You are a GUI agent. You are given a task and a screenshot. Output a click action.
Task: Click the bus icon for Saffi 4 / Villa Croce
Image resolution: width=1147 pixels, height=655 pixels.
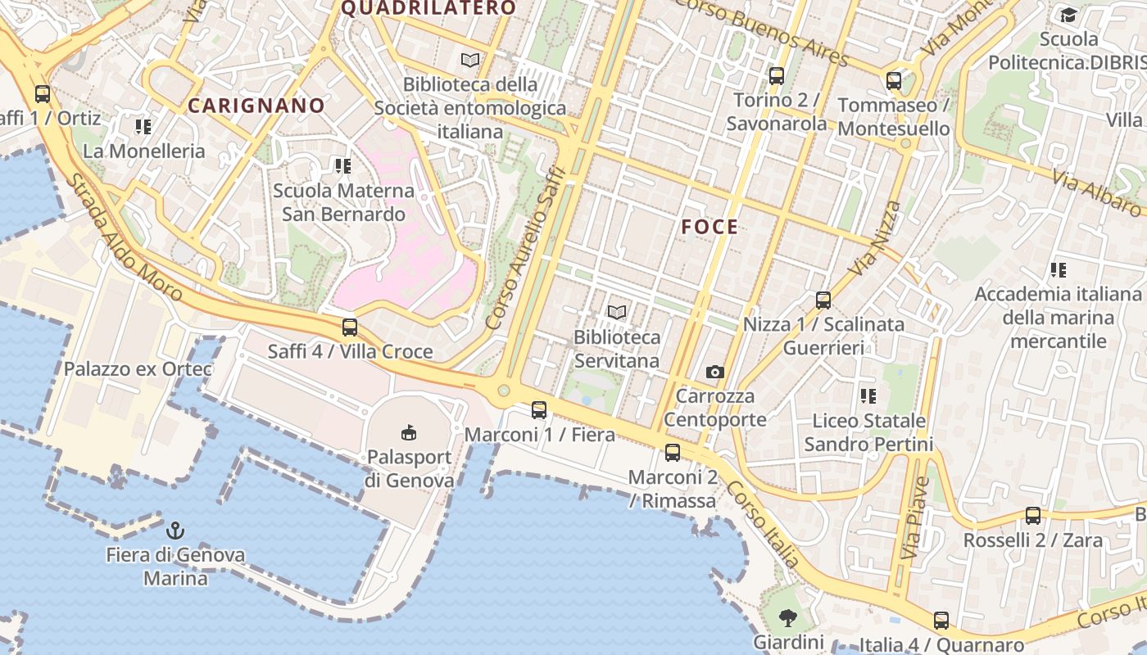pos(350,327)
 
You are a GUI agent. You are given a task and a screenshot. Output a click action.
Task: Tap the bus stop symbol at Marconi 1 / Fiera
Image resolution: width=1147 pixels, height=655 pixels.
pos(538,410)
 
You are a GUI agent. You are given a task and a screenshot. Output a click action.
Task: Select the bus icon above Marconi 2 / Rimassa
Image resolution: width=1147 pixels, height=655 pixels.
pos(673,452)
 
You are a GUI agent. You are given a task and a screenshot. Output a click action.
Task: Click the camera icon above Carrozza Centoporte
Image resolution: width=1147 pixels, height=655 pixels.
pos(715,373)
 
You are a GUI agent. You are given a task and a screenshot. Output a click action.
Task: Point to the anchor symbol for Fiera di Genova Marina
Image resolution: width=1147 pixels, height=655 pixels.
pos(175,531)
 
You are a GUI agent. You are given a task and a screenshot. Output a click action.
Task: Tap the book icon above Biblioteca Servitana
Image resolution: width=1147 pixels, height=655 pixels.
pos(617,312)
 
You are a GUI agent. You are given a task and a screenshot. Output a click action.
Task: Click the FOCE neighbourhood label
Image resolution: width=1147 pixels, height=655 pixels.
pos(710,228)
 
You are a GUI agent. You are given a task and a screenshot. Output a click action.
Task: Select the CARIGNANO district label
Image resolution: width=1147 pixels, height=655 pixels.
pos(256,106)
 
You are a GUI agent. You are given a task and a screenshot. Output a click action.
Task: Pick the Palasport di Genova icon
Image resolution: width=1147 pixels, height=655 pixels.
pos(409,431)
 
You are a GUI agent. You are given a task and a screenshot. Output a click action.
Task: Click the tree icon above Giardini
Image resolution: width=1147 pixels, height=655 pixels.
pos(788,617)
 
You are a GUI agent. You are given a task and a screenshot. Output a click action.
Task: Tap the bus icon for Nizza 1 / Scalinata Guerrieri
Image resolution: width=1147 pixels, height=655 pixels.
pos(823,300)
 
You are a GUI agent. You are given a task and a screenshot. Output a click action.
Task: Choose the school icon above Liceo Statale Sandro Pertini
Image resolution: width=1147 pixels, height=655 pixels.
pos(868,397)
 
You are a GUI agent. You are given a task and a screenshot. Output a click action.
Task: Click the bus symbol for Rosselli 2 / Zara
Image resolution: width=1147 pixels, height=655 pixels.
pos(1033,516)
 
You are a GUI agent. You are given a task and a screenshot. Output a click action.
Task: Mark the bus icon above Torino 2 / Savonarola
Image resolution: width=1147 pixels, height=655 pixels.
pos(776,76)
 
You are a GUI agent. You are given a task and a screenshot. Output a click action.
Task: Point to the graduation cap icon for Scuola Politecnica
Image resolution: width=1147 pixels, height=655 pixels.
pos(1068,15)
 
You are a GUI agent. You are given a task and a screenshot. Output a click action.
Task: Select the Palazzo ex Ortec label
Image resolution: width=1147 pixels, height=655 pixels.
pos(138,369)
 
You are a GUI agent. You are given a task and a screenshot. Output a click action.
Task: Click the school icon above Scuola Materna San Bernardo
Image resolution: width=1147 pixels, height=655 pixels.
pos(343,166)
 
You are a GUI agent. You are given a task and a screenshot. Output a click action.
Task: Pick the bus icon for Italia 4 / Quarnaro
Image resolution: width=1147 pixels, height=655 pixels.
pos(941,621)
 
